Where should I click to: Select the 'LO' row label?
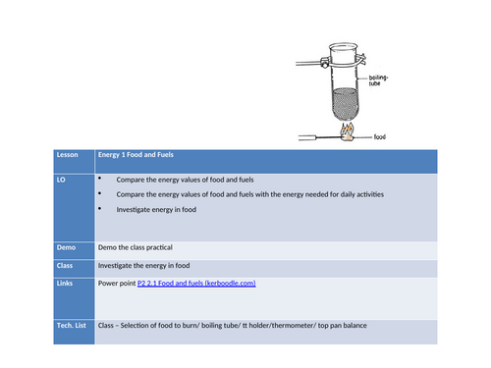pyautogui.click(x=65, y=181)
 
